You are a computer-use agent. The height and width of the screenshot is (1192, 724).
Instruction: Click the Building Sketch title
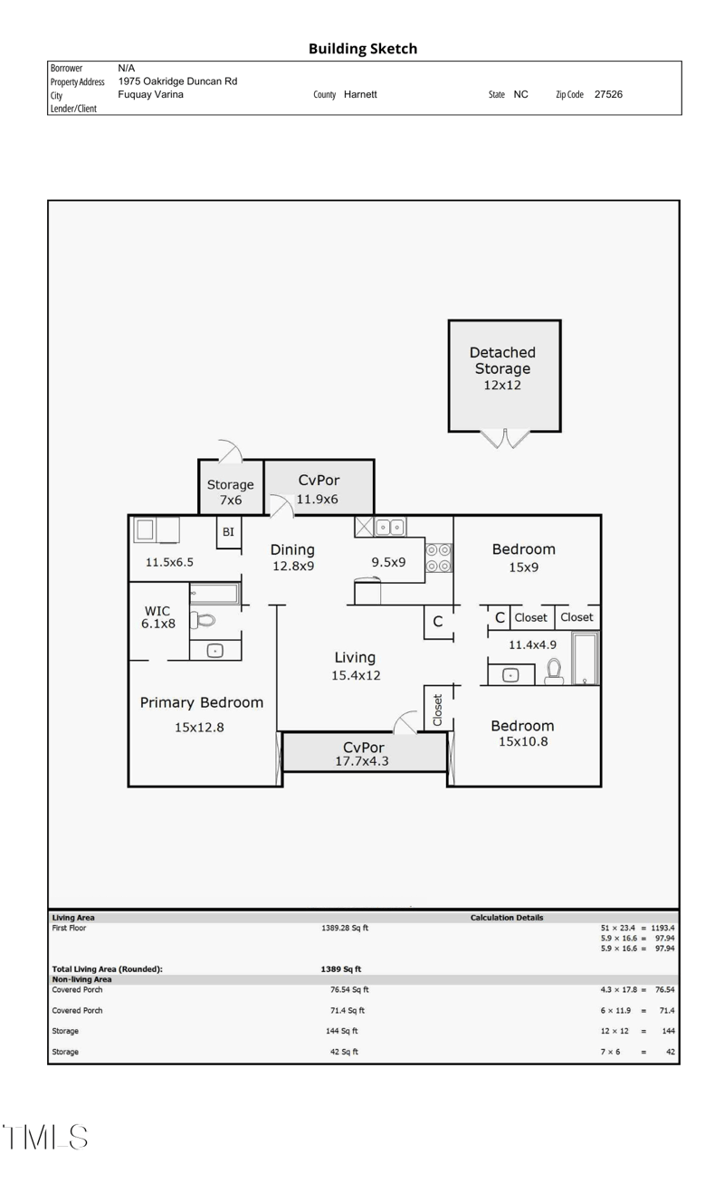pyautogui.click(x=362, y=49)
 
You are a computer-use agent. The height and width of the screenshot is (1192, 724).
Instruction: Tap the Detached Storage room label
pyautogui.click(x=502, y=368)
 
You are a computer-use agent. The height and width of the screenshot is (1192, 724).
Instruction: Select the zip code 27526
pyautogui.click(x=608, y=94)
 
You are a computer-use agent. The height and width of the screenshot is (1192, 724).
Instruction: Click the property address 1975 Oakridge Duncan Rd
pyautogui.click(x=177, y=81)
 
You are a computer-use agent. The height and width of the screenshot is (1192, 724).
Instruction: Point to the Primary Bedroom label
pyautogui.click(x=201, y=702)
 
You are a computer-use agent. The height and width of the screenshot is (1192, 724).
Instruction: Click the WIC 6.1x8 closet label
pyautogui.click(x=157, y=617)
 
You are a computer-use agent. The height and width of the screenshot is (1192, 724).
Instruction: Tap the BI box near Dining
pyautogui.click(x=228, y=532)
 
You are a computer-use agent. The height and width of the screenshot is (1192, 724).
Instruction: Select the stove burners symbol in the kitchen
pyautogui.click(x=439, y=558)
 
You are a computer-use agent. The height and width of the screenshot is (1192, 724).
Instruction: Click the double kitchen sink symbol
pyautogui.click(x=390, y=527)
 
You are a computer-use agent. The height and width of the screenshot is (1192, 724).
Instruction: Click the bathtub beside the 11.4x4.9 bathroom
pyautogui.click(x=585, y=658)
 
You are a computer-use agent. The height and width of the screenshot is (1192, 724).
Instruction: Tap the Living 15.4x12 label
pyautogui.click(x=355, y=665)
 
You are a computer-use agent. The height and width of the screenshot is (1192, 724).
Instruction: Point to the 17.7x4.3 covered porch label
pyautogui.click(x=363, y=755)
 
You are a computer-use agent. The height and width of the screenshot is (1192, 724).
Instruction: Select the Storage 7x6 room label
pyautogui.click(x=231, y=491)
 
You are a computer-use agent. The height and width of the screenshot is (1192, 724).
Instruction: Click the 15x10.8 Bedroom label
pyautogui.click(x=522, y=733)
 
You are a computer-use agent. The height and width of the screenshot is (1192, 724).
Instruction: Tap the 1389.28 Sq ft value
pyautogui.click(x=345, y=928)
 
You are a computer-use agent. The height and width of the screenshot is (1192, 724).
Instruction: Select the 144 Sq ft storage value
pyautogui.click(x=342, y=1031)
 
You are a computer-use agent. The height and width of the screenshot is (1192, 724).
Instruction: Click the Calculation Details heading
pyautogui.click(x=507, y=918)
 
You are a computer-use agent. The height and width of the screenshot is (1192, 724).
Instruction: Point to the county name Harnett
pyautogui.click(x=360, y=94)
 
